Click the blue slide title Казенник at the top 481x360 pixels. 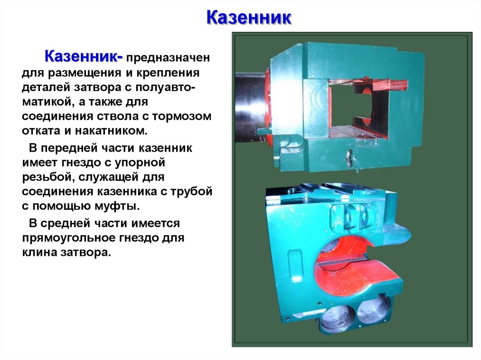249,19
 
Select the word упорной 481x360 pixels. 141,163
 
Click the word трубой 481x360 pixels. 192,191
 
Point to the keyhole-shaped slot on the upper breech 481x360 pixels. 350,157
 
